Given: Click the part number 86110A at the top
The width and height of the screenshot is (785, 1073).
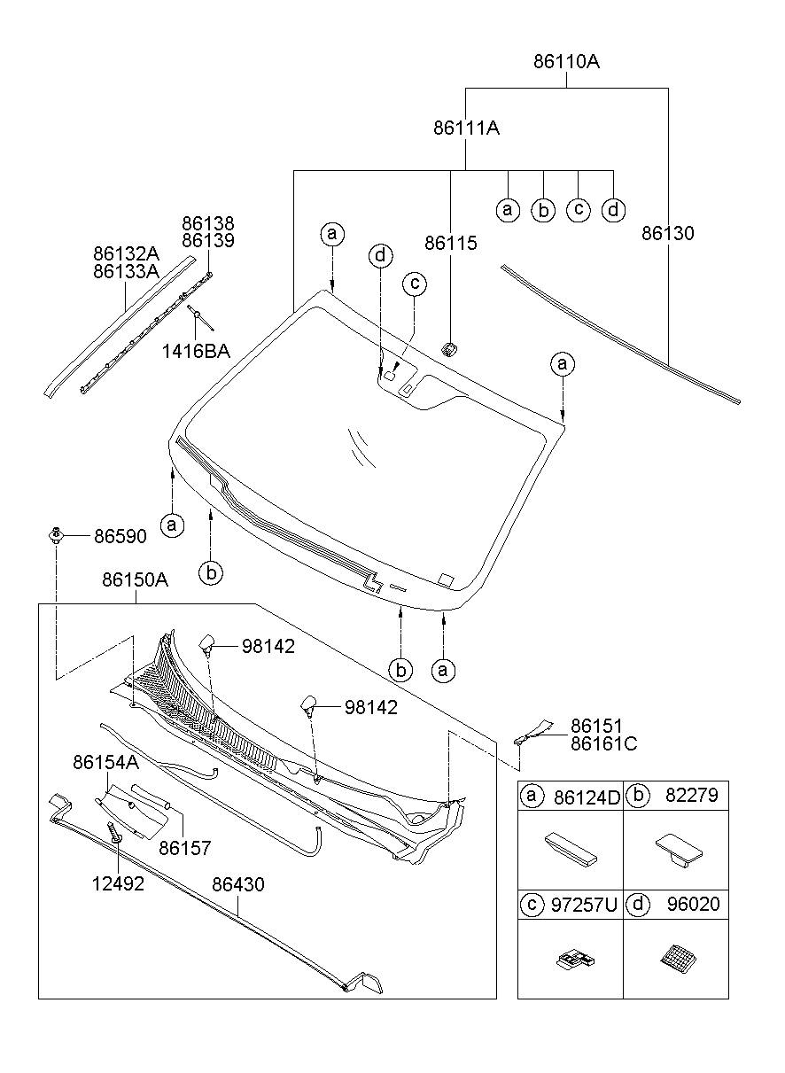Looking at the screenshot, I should point(567,62).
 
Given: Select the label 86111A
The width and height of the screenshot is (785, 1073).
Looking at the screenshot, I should point(466,128).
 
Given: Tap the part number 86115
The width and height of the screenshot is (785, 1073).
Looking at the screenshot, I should point(450,243).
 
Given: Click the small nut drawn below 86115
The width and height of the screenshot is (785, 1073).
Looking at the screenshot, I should point(450,348).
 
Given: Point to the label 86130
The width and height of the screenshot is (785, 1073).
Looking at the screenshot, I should point(668,234).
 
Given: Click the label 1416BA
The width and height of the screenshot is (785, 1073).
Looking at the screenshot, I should point(196,351).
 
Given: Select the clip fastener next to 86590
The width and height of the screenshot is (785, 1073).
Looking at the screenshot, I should point(57,533).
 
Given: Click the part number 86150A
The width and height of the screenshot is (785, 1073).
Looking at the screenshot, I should point(135,580).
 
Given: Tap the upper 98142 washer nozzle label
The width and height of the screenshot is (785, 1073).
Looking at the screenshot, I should point(268,647).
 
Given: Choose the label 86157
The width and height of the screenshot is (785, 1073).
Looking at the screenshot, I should point(185,848).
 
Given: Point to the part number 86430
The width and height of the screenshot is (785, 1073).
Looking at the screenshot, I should point(237,884).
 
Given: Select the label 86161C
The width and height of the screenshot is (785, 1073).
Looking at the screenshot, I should point(603,743).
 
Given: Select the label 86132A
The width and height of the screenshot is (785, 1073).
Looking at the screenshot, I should point(126,253).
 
